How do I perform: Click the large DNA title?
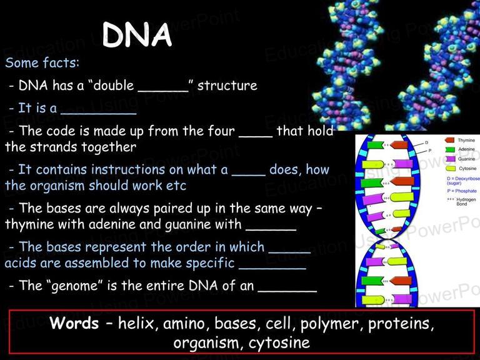coord(137,35)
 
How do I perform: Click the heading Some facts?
coord(42,62)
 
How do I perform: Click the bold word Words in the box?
coord(74,323)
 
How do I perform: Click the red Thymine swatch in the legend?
coord(449,140)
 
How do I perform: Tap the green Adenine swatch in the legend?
coord(450,149)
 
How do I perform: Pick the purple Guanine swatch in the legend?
coord(450,159)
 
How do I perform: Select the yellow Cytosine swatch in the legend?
coord(451,168)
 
